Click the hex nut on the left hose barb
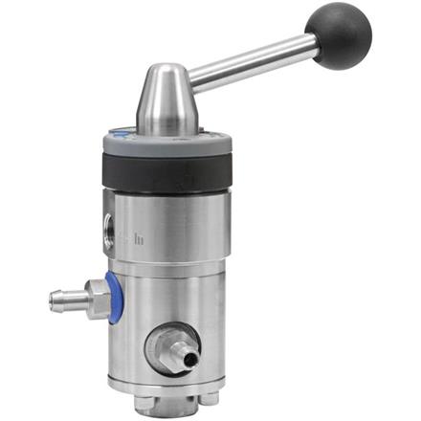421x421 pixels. pos(94,294)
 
